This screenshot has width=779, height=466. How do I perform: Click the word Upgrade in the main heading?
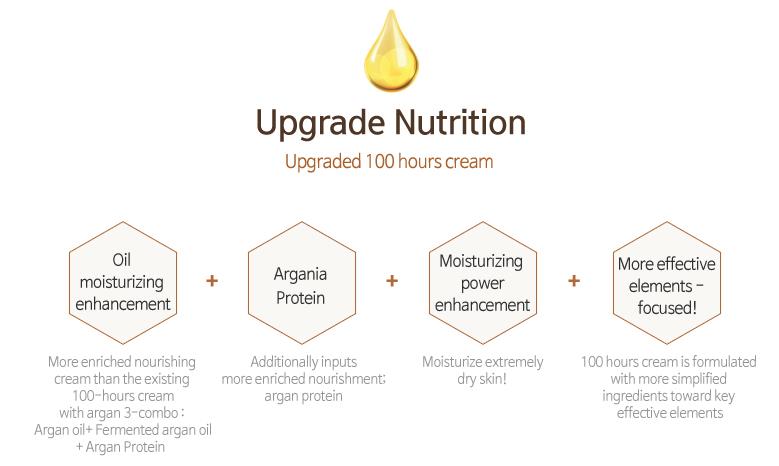pyautogui.click(x=320, y=123)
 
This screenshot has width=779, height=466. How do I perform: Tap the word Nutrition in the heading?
pyautogui.click(x=460, y=122)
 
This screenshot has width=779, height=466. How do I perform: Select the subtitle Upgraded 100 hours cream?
pyautogui.click(x=389, y=161)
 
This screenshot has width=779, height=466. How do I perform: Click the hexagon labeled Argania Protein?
pyautogui.click(x=302, y=283)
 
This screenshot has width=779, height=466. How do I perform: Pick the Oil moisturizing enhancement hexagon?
pyautogui.click(x=123, y=283)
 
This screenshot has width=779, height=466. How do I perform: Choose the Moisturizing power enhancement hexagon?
pyautogui.click(x=482, y=283)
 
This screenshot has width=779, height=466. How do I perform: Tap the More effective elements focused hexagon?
pyautogui.click(x=667, y=283)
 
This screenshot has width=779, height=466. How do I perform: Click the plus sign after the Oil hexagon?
pyautogui.click(x=212, y=281)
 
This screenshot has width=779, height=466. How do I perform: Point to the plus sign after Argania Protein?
pyautogui.click(x=392, y=281)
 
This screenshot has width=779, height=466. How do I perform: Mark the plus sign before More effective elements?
pyautogui.click(x=574, y=281)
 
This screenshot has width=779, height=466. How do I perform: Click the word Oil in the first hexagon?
pyautogui.click(x=122, y=259)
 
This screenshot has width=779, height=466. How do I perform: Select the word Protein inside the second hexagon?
pyautogui.click(x=301, y=298)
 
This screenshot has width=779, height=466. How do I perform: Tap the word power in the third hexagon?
pyautogui.click(x=482, y=284)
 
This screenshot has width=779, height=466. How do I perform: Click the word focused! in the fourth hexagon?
pyautogui.click(x=667, y=308)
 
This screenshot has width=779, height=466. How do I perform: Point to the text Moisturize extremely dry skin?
pyautogui.click(x=482, y=370)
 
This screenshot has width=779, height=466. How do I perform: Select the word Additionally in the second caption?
pyautogui.click(x=278, y=362)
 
